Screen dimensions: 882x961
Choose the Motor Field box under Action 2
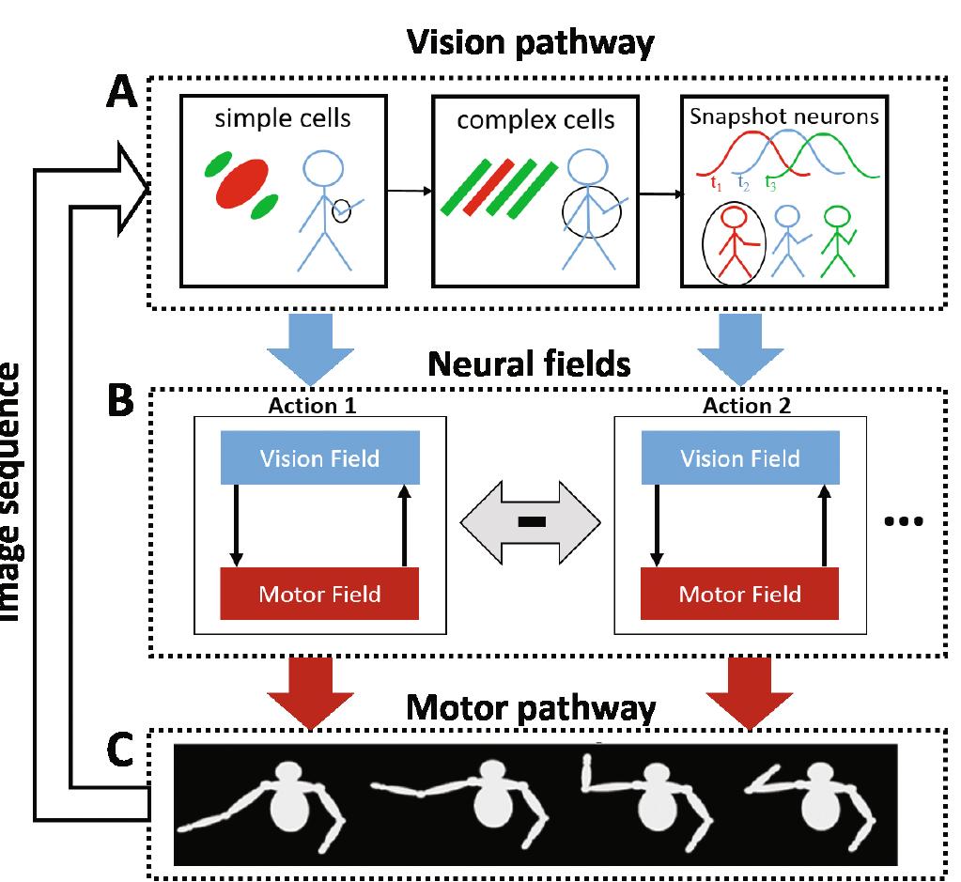pos(739,594)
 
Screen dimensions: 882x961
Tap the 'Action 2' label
pos(746,407)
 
